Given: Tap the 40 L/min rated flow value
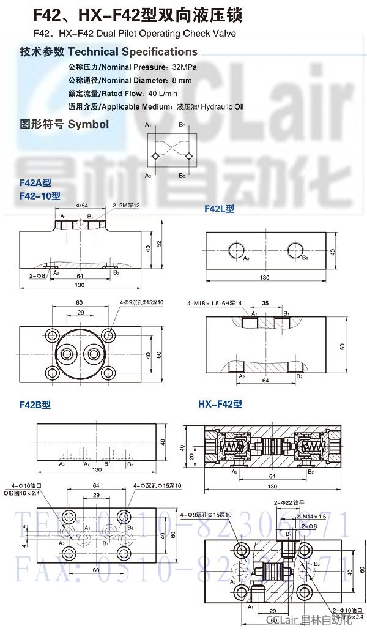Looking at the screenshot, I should point(162,93).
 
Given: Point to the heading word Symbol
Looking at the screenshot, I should point(88,124).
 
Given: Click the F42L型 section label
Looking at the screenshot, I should point(220,209).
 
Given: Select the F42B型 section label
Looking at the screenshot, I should point(35,405).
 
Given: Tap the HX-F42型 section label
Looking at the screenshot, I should point(220,404).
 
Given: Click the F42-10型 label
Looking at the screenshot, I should point(40,196).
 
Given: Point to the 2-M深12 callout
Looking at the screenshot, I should point(126,206).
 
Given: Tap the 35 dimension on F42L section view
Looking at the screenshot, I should point(265,303).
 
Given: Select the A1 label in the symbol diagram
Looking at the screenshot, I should point(148,125).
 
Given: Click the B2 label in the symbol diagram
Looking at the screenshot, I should point(182,176).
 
